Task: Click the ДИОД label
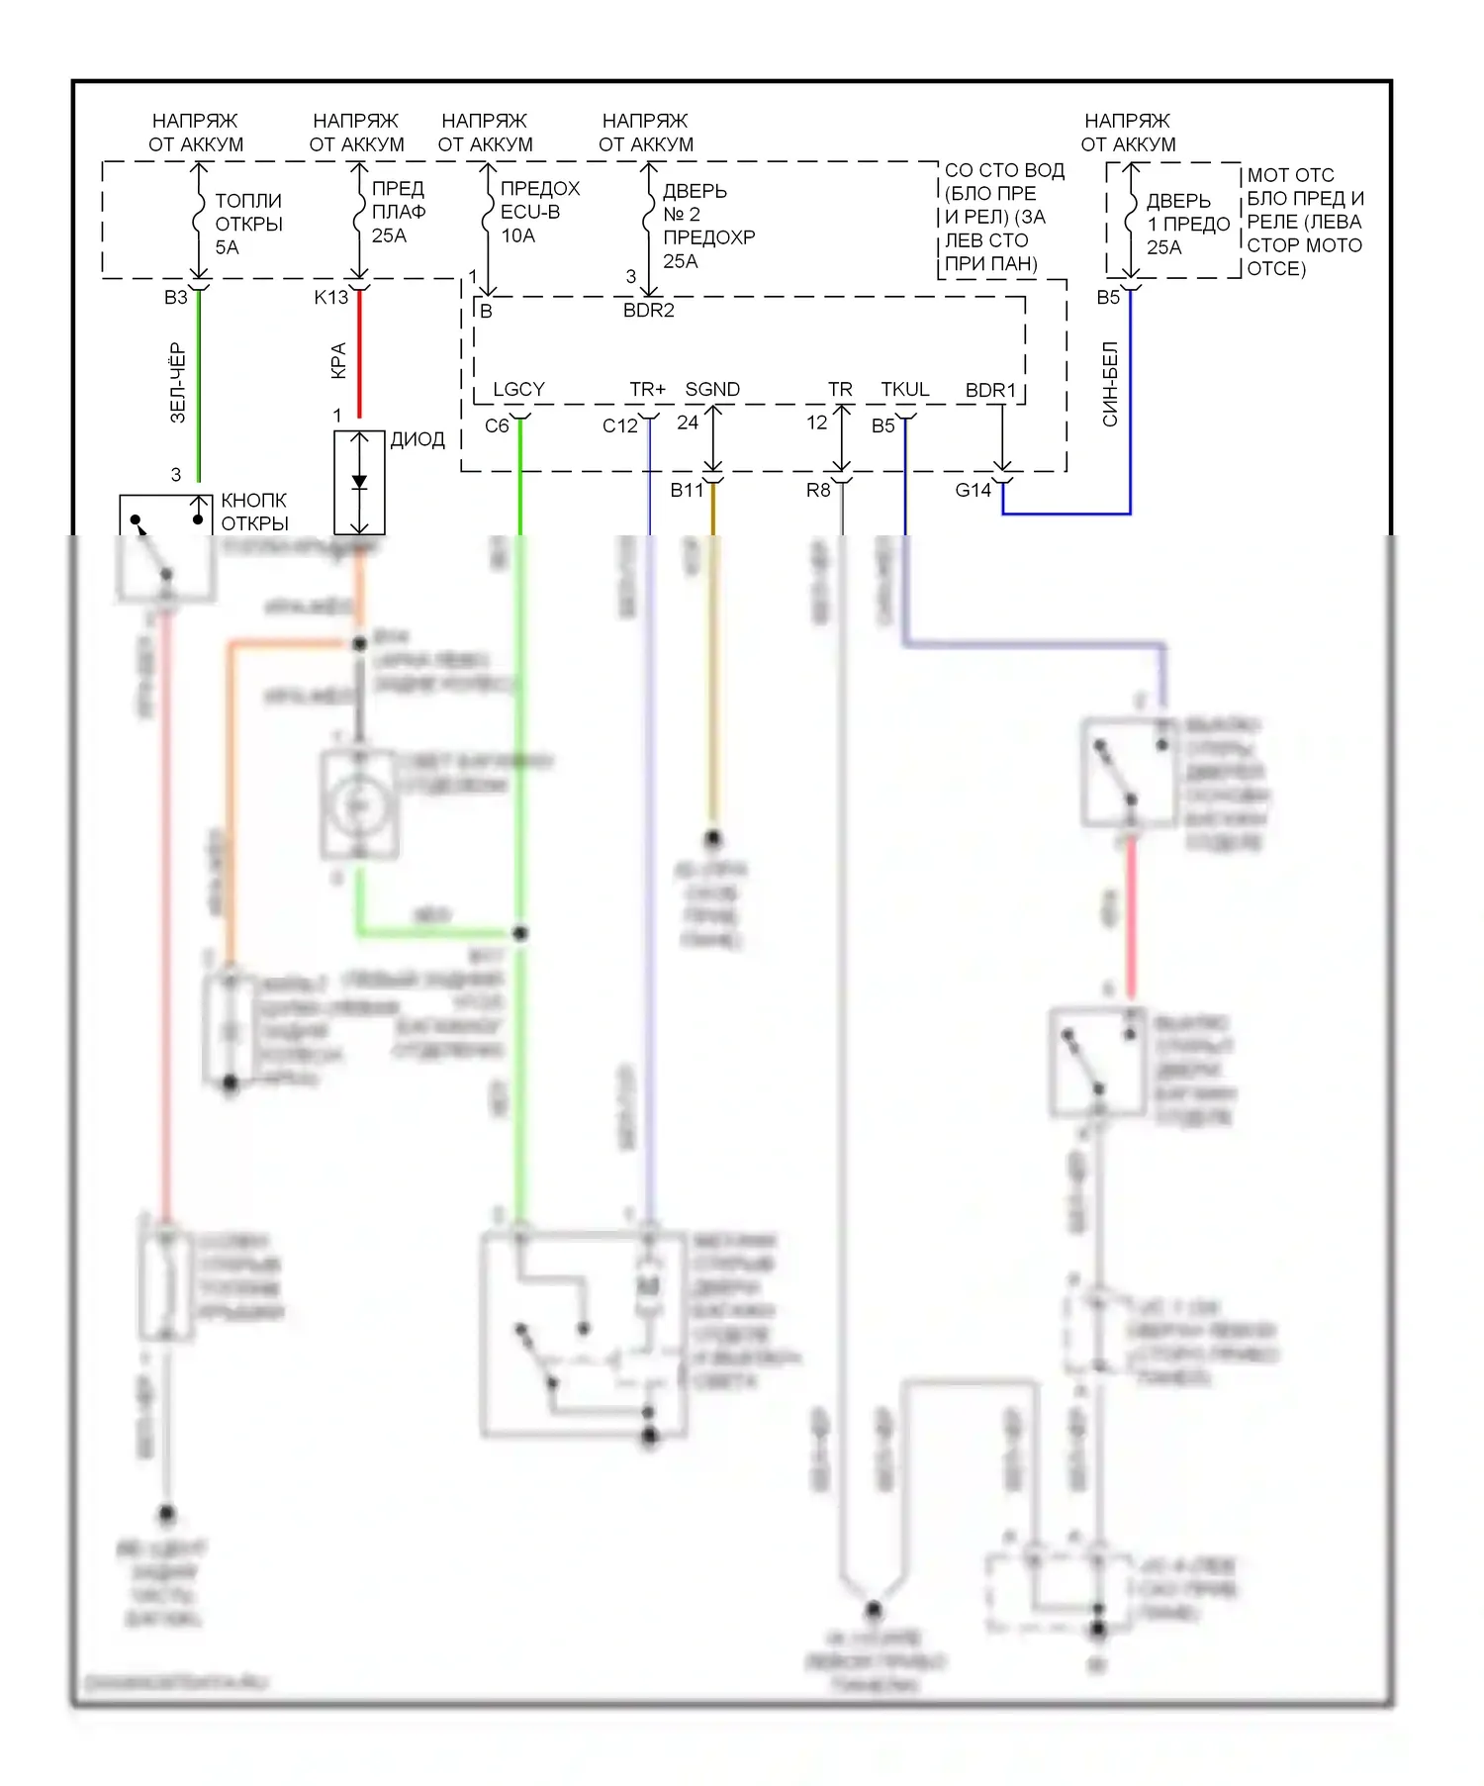pyautogui.click(x=417, y=439)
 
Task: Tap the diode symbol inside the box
pyautogui.click(x=359, y=483)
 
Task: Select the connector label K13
pyautogui.click(x=331, y=297)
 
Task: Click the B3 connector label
pyautogui.click(x=176, y=297)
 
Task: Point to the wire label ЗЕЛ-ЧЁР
pyautogui.click(x=178, y=383)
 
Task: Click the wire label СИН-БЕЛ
pyautogui.click(x=1110, y=384)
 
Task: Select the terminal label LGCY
pyautogui.click(x=518, y=389)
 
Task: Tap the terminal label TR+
pyautogui.click(x=648, y=389)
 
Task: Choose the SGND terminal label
pyautogui.click(x=712, y=389)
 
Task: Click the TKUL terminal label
pyautogui.click(x=905, y=389)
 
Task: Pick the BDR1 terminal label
pyautogui.click(x=990, y=390)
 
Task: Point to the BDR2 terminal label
pyautogui.click(x=649, y=310)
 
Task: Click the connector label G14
pyautogui.click(x=974, y=490)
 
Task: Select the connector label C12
pyautogui.click(x=620, y=425)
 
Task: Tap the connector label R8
pyautogui.click(x=818, y=490)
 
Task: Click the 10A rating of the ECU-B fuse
pyautogui.click(x=518, y=235)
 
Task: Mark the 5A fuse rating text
pyautogui.click(x=228, y=247)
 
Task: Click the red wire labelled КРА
pyautogui.click(x=359, y=356)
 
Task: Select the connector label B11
pyautogui.click(x=687, y=490)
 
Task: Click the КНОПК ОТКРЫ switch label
pyautogui.click(x=254, y=512)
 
